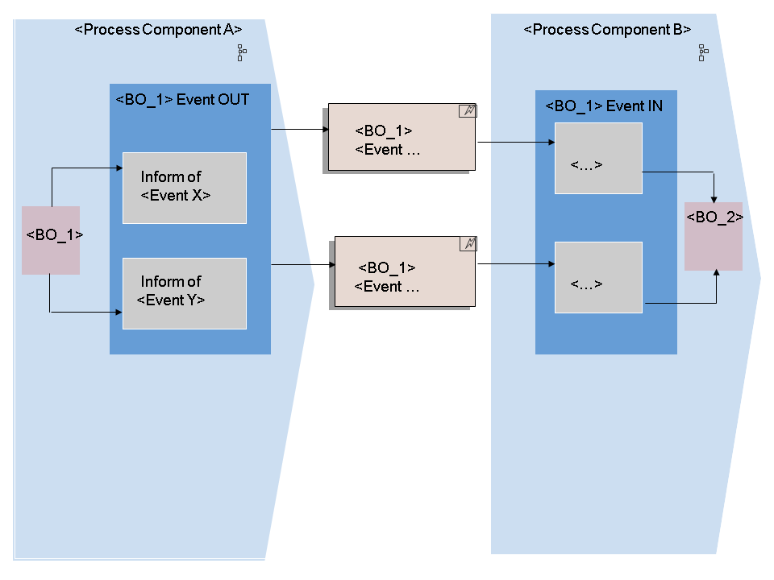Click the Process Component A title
tap(158, 30)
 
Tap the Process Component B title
tap(607, 30)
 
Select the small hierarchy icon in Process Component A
tap(241, 53)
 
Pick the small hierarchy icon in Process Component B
tap(703, 53)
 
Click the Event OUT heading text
tap(183, 100)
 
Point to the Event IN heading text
tap(604, 106)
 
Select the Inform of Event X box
tap(185, 188)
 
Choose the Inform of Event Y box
tap(185, 293)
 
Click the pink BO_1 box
tap(51, 240)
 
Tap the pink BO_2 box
tap(714, 236)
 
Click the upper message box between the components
tap(402, 137)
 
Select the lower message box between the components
tap(405, 271)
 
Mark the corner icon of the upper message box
tap(468, 111)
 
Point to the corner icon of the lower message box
tap(468, 243)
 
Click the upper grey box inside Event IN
tap(598, 159)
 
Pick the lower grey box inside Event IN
tap(598, 277)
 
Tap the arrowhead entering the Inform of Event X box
tap(119, 168)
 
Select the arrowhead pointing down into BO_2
tap(714, 198)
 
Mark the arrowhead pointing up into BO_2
tap(717, 275)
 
